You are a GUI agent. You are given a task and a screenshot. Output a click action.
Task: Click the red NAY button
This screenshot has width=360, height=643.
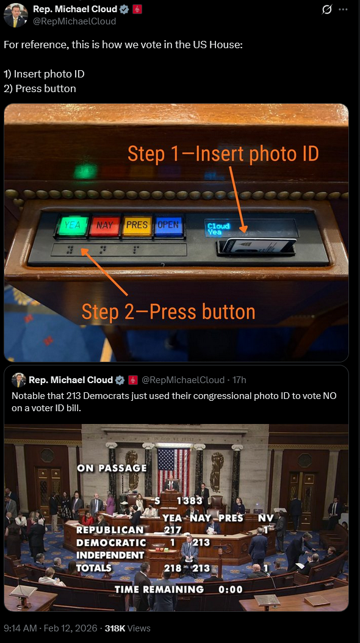104,226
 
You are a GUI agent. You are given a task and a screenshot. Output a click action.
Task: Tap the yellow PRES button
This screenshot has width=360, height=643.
137,226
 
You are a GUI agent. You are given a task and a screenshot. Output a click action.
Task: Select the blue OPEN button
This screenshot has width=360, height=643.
168,226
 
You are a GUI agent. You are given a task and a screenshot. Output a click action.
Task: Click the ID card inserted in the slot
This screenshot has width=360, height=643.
259,245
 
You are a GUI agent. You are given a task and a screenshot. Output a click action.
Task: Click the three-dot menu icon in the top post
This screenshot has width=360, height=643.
343,9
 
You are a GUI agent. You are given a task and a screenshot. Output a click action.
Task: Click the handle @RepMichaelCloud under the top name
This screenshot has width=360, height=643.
74,21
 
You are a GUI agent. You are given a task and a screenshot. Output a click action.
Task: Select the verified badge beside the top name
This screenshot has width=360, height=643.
124,9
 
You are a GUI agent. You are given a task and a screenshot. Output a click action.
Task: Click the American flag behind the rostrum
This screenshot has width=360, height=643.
173,467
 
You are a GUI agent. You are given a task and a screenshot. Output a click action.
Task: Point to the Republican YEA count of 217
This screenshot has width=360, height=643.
173,530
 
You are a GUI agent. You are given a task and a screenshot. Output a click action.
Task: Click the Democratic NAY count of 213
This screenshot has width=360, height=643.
201,542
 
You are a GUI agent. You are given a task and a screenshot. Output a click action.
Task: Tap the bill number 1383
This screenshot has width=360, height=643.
189,501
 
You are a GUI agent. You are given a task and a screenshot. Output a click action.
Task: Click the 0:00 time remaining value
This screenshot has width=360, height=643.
231,589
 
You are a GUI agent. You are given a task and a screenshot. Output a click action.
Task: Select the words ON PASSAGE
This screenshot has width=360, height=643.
112,468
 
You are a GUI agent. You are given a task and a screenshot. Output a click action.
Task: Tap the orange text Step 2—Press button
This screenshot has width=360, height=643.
168,312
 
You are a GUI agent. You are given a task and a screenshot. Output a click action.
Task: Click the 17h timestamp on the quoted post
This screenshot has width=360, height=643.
239,380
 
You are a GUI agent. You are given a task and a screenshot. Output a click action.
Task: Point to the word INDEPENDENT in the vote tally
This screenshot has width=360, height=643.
110,555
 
